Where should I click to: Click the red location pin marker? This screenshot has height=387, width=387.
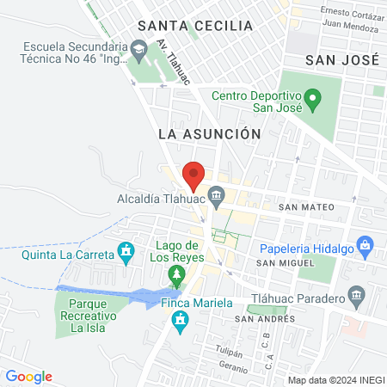pyautogui.click(x=193, y=175)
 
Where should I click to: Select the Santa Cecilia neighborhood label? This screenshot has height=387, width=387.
pyautogui.click(x=200, y=26)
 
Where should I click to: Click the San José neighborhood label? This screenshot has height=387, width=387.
pyautogui.click(x=342, y=59)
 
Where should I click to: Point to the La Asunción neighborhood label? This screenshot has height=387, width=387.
pyautogui.click(x=209, y=134)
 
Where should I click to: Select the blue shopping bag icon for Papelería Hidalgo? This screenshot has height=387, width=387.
pyautogui.click(x=365, y=245)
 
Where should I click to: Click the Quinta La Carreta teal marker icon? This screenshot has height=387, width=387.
pyautogui.click(x=127, y=251)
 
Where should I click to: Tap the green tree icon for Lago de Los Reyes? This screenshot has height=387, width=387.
pyautogui.click(x=176, y=275)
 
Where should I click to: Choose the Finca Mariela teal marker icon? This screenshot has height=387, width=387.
pyautogui.click(x=180, y=322)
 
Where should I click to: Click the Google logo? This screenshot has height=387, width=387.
pyautogui.click(x=28, y=377)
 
